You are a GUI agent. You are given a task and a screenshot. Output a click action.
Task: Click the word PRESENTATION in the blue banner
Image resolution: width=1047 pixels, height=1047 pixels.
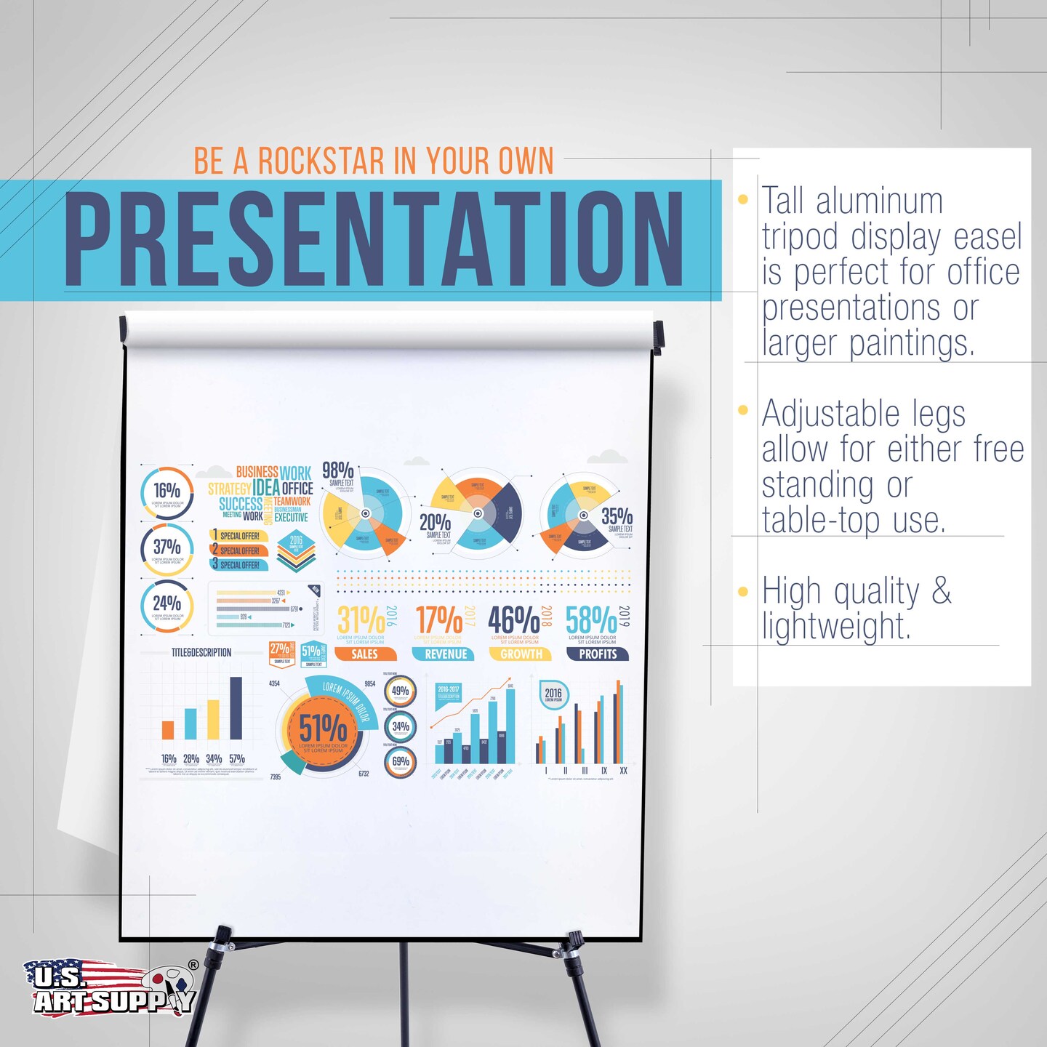pos(374,239)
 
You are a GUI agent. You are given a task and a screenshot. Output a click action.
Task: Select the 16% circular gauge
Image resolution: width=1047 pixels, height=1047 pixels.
pos(167,492)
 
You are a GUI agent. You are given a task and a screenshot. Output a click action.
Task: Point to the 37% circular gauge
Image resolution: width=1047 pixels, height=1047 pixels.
pos(167,549)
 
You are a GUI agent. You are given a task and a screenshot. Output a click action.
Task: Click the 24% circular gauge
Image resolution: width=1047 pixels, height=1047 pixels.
pos(167,605)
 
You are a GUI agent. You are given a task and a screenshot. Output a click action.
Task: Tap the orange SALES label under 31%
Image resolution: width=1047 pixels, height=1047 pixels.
pos(364,654)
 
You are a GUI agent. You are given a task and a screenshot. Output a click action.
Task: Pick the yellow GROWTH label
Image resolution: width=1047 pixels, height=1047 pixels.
pos(521,654)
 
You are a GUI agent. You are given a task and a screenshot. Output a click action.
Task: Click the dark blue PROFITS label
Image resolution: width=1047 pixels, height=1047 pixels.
pos(598,654)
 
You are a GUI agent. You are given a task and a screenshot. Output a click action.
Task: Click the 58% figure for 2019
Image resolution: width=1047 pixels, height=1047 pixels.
pos(591,621)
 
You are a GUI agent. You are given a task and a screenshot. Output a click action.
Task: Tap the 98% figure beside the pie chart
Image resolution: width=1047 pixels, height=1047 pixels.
pos(337,470)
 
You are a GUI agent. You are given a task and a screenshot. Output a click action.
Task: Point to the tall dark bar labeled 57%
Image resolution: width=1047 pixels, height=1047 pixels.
pos(236,708)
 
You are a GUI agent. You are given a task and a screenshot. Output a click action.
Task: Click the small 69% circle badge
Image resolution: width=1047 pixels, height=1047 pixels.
pos(401,762)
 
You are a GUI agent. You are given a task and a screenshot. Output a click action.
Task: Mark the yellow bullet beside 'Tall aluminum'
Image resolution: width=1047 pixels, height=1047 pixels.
pos(743,199)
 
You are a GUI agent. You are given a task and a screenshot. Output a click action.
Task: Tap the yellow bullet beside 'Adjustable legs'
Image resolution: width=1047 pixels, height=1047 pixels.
pos(743,410)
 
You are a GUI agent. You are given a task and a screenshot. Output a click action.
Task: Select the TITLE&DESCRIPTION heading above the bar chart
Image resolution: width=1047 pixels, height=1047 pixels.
pos(201,653)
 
